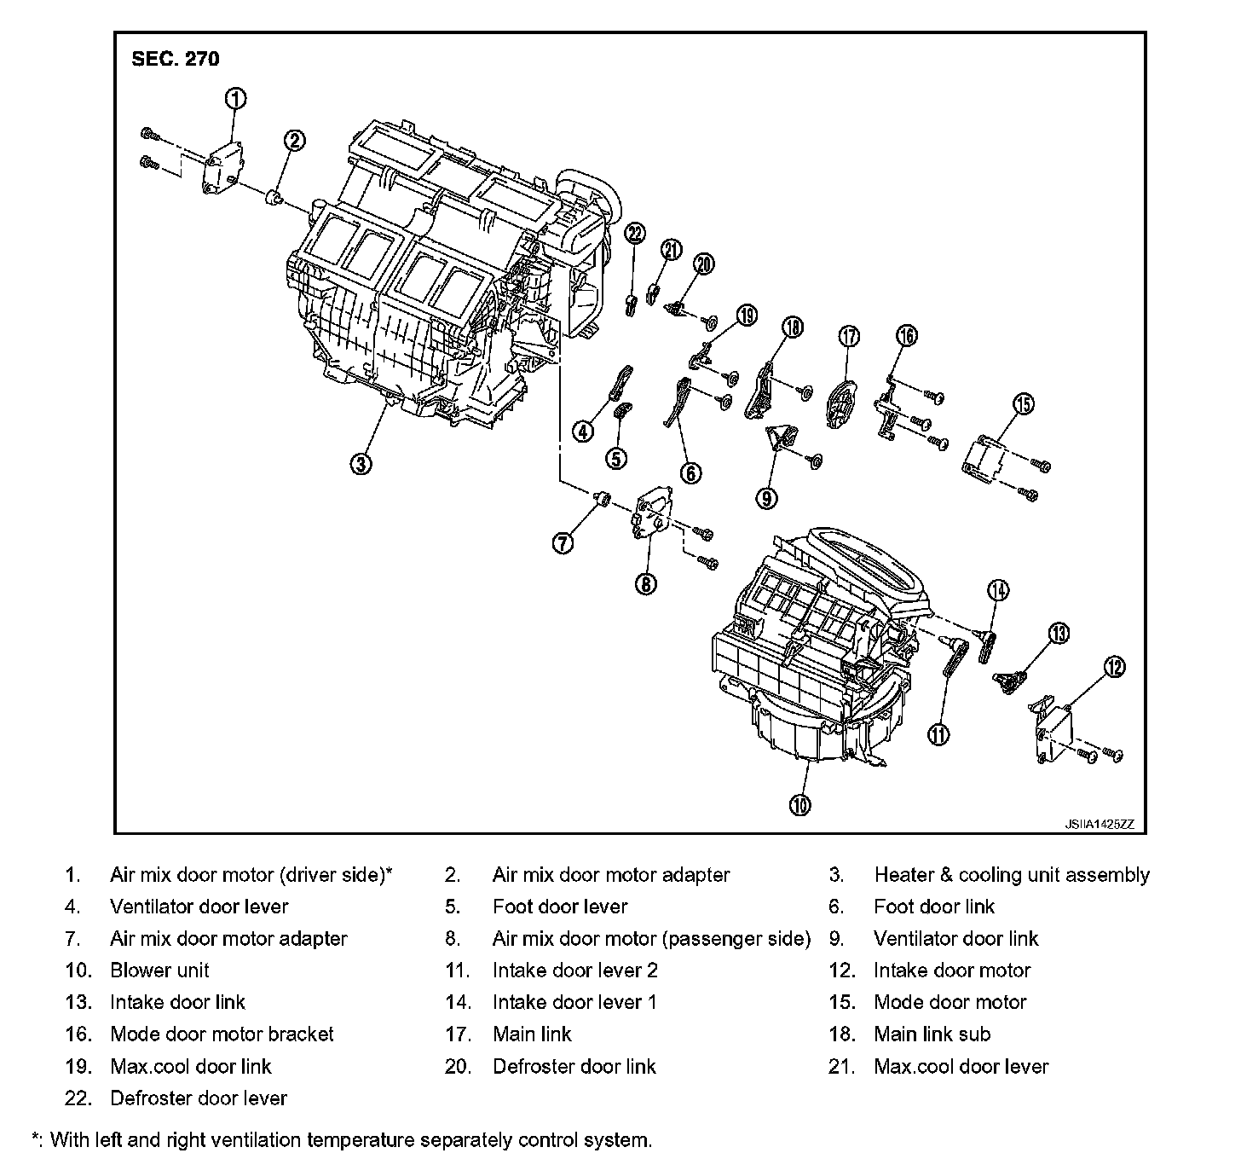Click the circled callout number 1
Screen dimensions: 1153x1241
tap(236, 99)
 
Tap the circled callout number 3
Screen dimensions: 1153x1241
tap(361, 463)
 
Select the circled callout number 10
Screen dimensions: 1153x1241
tap(799, 803)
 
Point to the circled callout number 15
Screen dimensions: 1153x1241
tap(1024, 403)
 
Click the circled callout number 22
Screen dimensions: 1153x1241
tap(635, 234)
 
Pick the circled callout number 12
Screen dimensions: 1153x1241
tap(1114, 668)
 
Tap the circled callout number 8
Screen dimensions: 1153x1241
tap(646, 583)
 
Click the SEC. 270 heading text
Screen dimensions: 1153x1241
tap(175, 59)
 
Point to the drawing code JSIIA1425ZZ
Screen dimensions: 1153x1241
tap(1099, 825)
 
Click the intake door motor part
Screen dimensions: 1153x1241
tap(1057, 730)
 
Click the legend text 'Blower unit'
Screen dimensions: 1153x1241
tap(159, 970)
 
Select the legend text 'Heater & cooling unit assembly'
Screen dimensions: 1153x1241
tap(1012, 875)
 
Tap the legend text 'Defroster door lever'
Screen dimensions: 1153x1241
tap(199, 1098)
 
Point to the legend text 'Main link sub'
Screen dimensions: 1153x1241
tap(932, 1034)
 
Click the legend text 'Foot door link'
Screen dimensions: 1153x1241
tap(934, 907)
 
